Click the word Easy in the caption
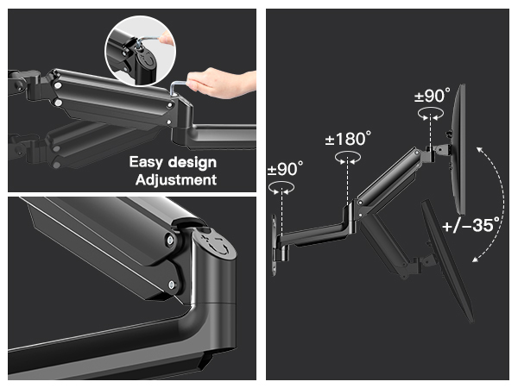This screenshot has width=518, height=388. click(146, 162)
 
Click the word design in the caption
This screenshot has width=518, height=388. click(193, 162)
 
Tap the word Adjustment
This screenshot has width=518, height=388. click(176, 180)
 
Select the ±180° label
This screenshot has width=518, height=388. click(348, 139)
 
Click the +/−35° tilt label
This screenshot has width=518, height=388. click(471, 225)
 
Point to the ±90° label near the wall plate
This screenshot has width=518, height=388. click(286, 169)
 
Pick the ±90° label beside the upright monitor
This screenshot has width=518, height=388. click(433, 96)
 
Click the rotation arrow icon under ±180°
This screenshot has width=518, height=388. click(347, 158)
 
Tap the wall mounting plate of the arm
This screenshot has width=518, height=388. click(274, 245)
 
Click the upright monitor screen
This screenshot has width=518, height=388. click(458, 149)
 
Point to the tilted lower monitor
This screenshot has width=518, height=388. click(447, 260)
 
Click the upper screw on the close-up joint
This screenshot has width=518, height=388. click(170, 241)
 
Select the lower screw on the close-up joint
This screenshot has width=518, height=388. click(172, 284)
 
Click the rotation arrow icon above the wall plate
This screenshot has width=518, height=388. click(281, 188)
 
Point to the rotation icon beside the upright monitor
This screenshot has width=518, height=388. click(431, 114)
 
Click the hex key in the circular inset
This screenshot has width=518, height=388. click(148, 41)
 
